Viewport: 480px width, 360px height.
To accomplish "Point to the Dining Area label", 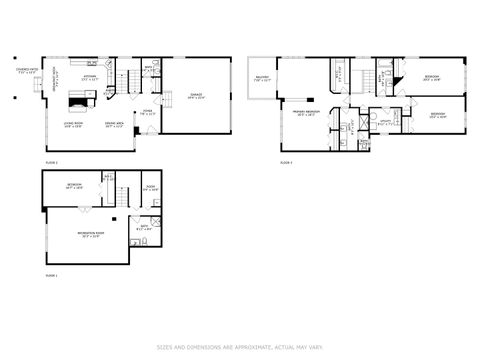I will [x=114, y=126].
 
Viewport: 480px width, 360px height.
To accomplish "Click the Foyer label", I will [x=147, y=112].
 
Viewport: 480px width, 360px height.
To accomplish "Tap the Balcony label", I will [x=262, y=79].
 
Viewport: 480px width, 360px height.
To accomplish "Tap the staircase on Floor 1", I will [x=121, y=196].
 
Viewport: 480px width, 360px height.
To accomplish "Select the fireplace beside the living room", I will [x=78, y=99].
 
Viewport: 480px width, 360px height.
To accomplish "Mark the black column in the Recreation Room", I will [x=115, y=218].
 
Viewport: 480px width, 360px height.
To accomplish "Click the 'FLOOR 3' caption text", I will [x=285, y=161].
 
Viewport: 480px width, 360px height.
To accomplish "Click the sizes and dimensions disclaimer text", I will [x=239, y=348].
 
